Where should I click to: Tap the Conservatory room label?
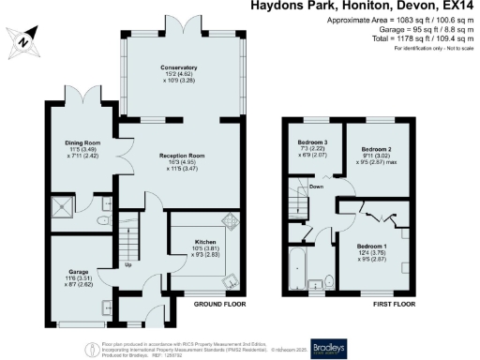click(x=178, y=68)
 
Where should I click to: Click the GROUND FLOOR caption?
click(x=220, y=306)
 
